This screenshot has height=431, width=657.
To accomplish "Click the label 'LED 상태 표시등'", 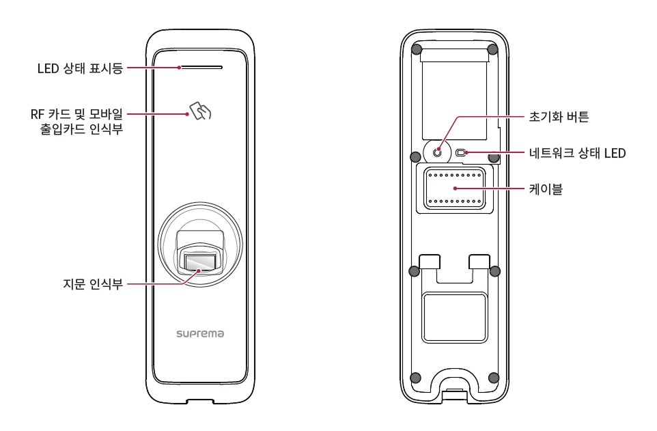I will coord(80,68).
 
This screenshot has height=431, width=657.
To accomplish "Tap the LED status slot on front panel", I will coord(201,68).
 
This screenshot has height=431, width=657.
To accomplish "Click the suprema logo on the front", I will coord(200,335).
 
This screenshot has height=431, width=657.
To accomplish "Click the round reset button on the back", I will coord(437,152).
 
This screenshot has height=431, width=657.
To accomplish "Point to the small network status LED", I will coord(460,152).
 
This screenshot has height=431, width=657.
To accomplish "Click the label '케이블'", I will coord(546,189).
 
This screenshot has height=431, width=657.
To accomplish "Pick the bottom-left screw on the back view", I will coord(415,378).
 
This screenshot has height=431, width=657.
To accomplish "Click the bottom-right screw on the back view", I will coord(494,378).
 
